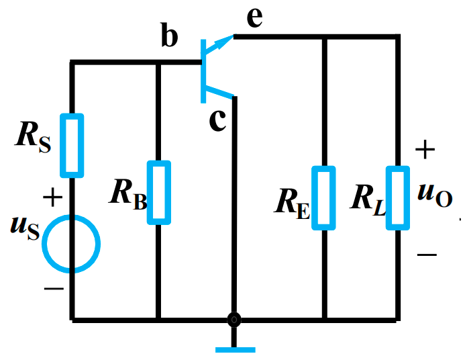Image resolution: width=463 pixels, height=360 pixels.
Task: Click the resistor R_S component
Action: [72, 145]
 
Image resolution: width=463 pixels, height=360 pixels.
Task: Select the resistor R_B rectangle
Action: [158, 192]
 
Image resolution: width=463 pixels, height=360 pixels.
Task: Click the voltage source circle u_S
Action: [71, 242]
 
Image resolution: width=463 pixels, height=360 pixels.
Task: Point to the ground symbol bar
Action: [235, 349]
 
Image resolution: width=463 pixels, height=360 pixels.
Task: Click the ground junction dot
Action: [234, 320]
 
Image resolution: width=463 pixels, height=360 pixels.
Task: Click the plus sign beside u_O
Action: [425, 150]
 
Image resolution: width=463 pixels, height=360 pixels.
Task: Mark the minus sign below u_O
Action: [427, 255]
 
